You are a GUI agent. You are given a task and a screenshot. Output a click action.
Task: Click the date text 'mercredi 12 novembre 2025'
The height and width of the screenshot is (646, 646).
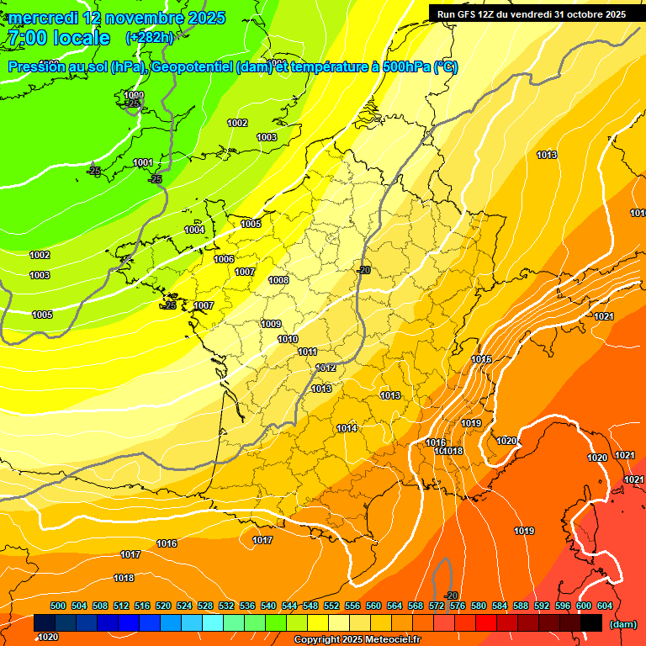[117, 18]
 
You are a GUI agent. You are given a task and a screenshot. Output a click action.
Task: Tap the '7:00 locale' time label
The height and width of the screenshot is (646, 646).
[58, 38]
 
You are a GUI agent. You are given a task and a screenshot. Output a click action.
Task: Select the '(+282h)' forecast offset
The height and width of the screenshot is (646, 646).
[149, 38]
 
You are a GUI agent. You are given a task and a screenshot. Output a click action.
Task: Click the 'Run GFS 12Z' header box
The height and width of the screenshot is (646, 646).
[531, 13]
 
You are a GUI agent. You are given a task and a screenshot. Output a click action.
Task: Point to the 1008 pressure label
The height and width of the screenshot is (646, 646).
[278, 280]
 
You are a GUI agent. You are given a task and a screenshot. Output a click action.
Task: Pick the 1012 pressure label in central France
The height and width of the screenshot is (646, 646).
[326, 368]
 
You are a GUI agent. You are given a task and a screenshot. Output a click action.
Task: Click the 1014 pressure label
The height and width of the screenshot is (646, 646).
[347, 428]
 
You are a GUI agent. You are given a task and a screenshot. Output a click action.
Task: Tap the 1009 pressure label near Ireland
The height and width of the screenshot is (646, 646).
[134, 95]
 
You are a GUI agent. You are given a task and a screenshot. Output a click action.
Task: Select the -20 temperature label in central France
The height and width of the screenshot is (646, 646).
[363, 270]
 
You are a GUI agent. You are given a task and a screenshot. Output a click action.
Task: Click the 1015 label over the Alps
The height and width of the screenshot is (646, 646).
[481, 359]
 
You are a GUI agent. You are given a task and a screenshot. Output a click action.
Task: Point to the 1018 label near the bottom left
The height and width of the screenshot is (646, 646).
[124, 578]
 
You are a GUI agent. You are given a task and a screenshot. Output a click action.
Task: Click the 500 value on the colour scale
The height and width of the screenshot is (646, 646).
[58, 606]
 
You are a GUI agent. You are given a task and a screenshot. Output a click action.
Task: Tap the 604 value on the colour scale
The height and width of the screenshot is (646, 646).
[605, 606]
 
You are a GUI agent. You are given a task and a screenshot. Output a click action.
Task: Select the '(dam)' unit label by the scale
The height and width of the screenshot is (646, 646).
[622, 623]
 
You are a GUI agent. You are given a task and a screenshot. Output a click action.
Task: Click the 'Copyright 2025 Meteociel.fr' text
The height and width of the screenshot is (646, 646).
[357, 639]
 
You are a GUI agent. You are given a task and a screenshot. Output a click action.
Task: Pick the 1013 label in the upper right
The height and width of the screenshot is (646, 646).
[547, 155]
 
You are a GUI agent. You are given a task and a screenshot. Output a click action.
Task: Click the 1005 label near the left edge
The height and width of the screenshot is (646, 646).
[42, 315]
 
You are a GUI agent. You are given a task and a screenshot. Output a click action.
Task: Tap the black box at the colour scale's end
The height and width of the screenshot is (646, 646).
[591, 623]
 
